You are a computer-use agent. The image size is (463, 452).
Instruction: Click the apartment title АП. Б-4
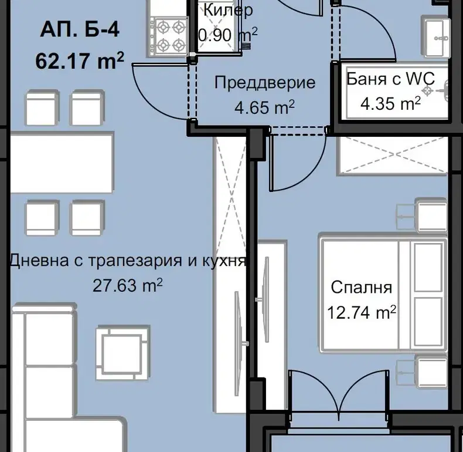point(80,29)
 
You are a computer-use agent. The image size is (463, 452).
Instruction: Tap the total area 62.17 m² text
point(80,60)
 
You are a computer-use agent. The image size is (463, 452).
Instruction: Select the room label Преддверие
point(264,83)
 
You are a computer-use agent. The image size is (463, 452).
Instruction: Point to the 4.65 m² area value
point(264,107)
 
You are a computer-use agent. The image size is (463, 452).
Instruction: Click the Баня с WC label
point(390,79)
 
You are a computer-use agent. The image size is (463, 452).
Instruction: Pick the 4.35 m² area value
point(390,103)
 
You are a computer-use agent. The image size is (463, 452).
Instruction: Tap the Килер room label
point(228,10)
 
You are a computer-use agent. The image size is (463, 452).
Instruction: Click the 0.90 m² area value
point(228,35)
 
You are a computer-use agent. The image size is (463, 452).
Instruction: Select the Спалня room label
point(362,287)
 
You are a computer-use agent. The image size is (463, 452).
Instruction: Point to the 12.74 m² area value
point(362,312)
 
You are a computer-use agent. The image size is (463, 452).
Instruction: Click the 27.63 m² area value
point(128,285)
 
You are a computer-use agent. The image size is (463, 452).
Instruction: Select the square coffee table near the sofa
point(123,352)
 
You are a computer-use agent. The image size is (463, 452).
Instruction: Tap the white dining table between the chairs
point(62,163)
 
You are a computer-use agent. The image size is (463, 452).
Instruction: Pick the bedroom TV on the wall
point(264,299)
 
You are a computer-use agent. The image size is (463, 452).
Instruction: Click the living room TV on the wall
point(240,343)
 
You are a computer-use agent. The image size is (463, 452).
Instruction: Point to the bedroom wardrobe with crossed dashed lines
point(393,154)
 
